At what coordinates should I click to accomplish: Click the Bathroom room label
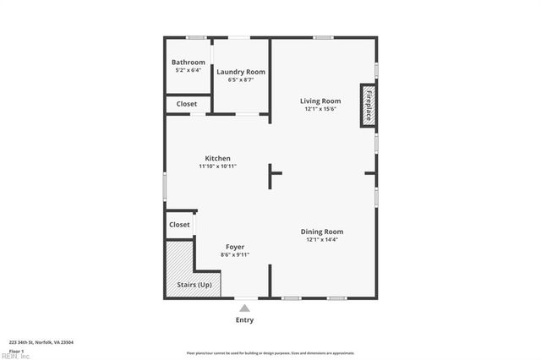point(188,62)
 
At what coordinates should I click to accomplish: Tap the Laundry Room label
point(241,72)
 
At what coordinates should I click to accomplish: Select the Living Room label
point(320,101)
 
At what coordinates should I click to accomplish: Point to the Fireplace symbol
point(368,105)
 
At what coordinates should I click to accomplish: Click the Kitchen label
point(217,158)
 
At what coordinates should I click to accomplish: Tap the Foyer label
point(235,247)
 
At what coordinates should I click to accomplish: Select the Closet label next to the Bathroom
point(187,104)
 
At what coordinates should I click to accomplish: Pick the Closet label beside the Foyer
point(179,225)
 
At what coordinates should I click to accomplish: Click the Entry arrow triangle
point(244,308)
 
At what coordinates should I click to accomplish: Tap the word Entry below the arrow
point(244,320)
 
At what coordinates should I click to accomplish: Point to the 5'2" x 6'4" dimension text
point(188,70)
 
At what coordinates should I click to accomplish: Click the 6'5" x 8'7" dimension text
point(241,80)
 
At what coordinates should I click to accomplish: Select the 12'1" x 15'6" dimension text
point(320,109)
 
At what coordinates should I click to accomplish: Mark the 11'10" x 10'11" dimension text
point(217,166)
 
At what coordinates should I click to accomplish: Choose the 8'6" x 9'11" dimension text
point(235,254)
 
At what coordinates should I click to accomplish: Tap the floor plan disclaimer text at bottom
point(270,352)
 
